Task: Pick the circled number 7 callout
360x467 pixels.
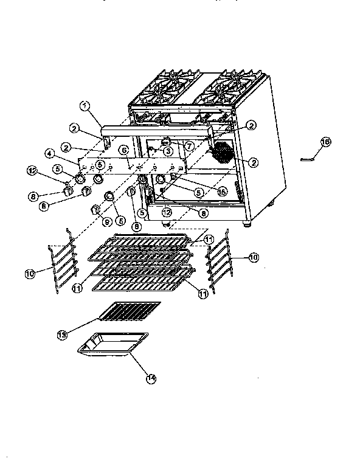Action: pyautogui.click(x=189, y=146)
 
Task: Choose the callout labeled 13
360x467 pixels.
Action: pyautogui.click(x=62, y=335)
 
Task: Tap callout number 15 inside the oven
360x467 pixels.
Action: pyautogui.click(x=223, y=191)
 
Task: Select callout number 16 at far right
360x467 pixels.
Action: pyautogui.click(x=325, y=142)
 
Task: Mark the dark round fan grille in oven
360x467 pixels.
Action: pyautogui.click(x=223, y=153)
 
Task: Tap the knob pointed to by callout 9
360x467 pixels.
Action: pyautogui.click(x=95, y=210)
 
